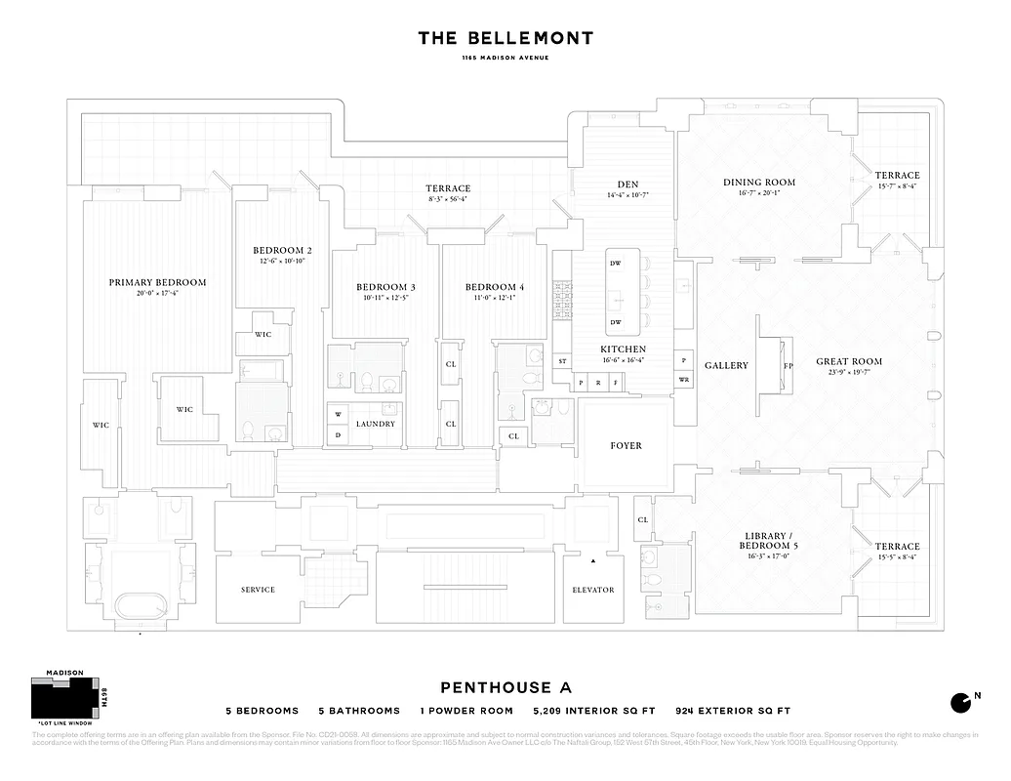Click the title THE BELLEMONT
505,38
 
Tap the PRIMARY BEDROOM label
157,282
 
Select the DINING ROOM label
758,182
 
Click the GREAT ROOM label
849,360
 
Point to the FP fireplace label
788,367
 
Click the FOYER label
626,445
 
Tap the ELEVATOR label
592,590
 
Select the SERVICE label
258,590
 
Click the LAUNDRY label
376,424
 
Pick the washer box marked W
337,414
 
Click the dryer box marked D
337,433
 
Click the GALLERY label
726,365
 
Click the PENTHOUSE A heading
505,686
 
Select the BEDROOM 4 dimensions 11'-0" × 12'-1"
495,300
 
